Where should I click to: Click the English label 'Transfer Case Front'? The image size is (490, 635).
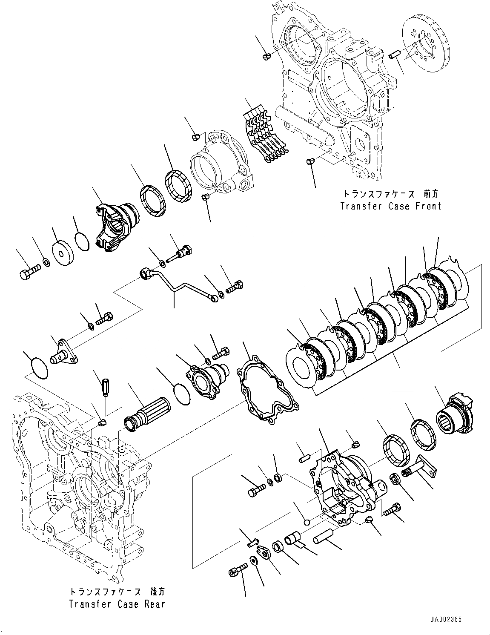390,206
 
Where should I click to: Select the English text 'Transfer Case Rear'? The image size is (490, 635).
116,604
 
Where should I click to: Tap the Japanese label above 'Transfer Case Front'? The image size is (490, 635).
390,194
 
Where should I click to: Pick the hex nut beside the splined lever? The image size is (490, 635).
395,480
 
